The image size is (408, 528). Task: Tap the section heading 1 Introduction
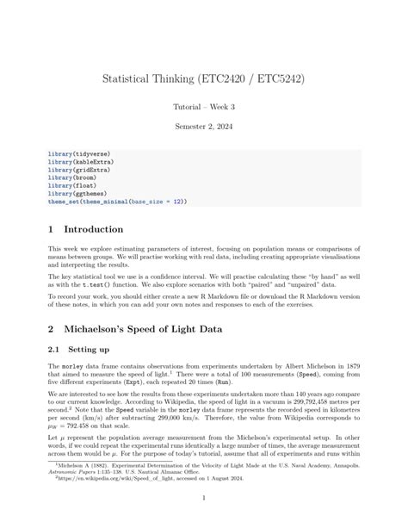pyautogui.click(x=86, y=229)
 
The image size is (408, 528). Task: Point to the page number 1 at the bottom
pyautogui.click(x=203, y=499)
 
